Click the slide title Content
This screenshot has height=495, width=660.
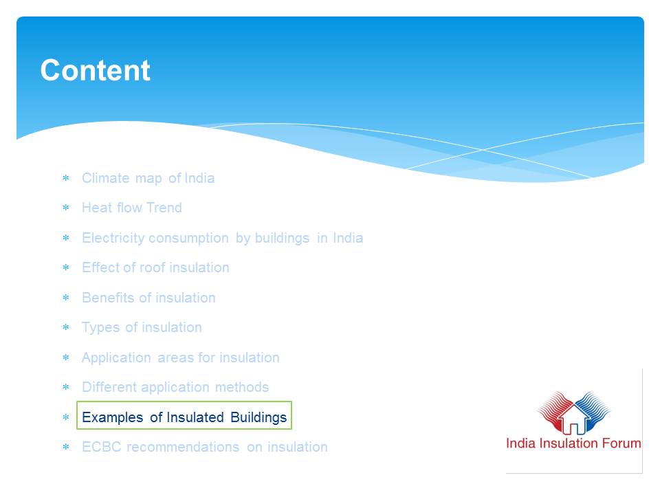pos(95,70)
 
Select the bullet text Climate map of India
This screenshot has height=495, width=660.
pos(148,178)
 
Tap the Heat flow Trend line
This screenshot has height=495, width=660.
pos(132,208)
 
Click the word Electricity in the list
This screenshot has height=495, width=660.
pos(113,239)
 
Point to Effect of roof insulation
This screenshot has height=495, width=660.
pos(156,267)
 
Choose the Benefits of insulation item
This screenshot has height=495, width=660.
pos(148,298)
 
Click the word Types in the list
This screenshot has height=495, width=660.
pos(100,327)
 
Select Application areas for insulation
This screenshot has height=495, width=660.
pos(181,357)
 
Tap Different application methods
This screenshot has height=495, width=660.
pos(175,387)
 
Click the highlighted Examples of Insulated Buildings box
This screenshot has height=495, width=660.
pos(184,415)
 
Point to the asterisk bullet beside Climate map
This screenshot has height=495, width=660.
pos(66,178)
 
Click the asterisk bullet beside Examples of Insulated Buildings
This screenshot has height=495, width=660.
pos(66,417)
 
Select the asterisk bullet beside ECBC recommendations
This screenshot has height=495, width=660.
pos(66,447)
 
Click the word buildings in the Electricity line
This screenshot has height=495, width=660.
pos(282,239)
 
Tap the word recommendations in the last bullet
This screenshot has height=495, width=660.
pos(183,447)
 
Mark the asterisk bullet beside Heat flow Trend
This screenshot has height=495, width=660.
pos(66,208)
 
